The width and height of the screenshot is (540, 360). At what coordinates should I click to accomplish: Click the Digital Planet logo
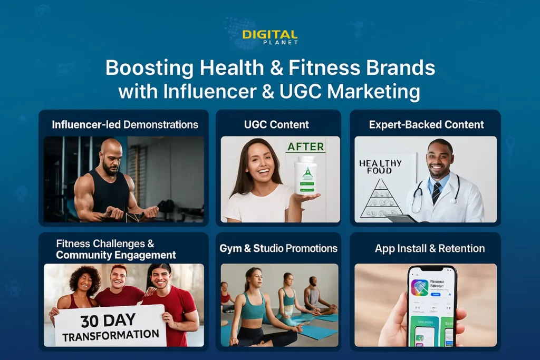coord(269,36)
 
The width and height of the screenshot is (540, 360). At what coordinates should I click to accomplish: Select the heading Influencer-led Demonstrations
coord(125,125)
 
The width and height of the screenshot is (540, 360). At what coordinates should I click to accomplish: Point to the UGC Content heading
coord(277,125)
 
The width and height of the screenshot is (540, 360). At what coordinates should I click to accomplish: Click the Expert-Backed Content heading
coord(426,125)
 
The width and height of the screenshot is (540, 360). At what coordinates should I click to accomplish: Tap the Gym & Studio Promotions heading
coord(278,248)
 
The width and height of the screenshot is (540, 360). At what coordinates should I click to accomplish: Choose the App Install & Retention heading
coord(426,248)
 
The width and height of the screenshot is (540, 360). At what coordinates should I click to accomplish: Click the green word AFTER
coord(305,146)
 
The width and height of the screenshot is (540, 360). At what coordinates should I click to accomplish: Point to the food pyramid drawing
coord(381,198)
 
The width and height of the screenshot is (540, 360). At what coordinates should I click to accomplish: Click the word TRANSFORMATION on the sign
coord(110,334)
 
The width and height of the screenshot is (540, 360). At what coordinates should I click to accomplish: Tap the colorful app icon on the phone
coord(419,288)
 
